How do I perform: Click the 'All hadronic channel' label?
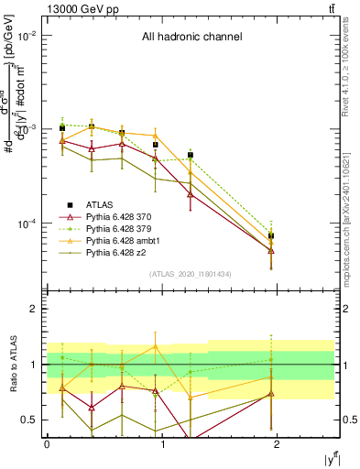point(191,38)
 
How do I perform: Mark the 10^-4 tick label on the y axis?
point(27,224)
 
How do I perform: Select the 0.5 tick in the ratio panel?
point(30,419)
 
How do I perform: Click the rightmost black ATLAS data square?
point(271,235)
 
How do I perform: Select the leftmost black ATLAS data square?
point(61,128)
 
